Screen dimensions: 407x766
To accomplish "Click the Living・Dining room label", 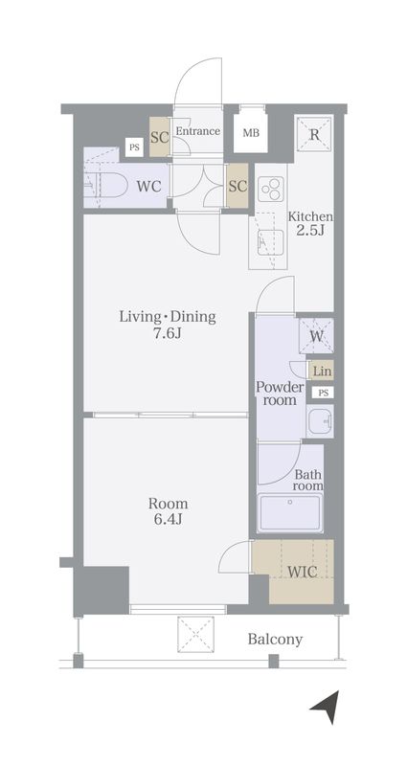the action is [x=168, y=317].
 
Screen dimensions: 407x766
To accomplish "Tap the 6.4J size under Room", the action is [x=169, y=519].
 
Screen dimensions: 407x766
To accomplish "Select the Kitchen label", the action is [x=310, y=216].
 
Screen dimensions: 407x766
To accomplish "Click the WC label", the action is [x=148, y=186].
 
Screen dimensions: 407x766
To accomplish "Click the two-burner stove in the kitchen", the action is [x=271, y=189].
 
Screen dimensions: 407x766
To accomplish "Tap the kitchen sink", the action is [x=270, y=241].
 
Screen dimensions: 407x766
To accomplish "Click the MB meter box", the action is [x=251, y=132].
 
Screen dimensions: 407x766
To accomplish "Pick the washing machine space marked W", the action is [x=316, y=336].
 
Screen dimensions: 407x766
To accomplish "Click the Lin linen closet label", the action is [x=322, y=372].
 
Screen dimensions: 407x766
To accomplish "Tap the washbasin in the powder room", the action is [x=320, y=421].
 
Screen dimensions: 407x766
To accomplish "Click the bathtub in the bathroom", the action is [x=290, y=512].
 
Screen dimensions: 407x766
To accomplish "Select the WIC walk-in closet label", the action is [x=303, y=572].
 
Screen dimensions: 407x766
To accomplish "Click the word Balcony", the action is [x=275, y=639].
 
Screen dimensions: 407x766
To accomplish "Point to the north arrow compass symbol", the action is [x=326, y=707].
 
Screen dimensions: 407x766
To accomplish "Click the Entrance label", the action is [x=197, y=131].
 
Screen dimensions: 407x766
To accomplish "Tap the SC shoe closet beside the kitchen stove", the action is [x=237, y=186].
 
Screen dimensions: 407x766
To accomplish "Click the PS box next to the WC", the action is [x=134, y=147].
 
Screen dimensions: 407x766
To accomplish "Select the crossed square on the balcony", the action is [x=195, y=634].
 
